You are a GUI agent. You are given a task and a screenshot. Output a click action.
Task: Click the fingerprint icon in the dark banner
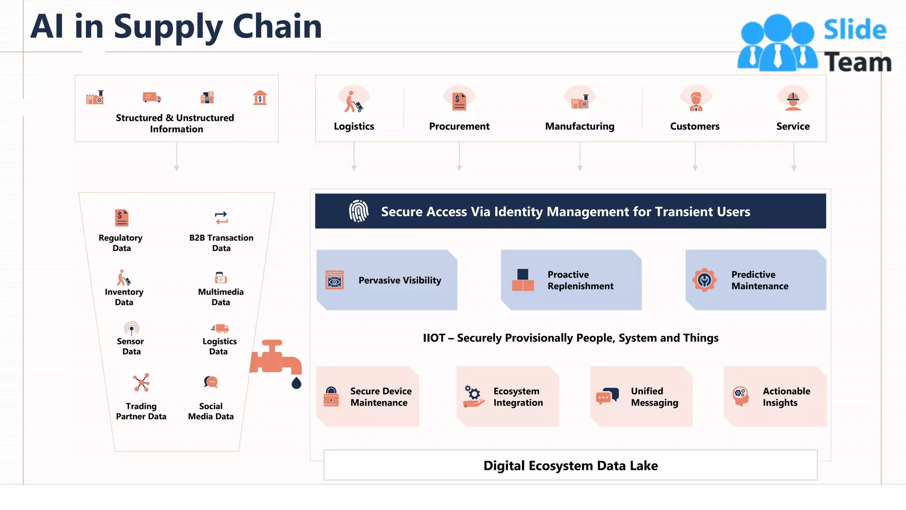[x=359, y=211]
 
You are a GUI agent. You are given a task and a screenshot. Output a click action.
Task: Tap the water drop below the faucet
[x=296, y=382]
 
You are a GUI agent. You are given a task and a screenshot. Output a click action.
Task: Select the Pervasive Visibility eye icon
[x=334, y=280]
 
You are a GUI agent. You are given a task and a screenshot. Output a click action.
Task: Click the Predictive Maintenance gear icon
[x=704, y=280]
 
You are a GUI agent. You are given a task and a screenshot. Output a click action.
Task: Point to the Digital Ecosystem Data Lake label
[x=570, y=466]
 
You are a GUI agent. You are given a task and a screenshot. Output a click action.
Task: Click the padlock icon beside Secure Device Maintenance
[x=331, y=397]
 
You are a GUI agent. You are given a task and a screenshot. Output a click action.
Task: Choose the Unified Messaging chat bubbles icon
[x=607, y=396]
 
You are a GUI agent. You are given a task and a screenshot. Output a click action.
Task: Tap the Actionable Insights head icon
[x=740, y=396]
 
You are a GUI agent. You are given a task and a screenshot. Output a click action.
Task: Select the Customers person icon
[x=696, y=101]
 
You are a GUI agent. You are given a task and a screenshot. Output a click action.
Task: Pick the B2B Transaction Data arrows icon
[x=221, y=218]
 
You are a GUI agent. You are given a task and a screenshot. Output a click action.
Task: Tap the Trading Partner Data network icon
[x=141, y=382]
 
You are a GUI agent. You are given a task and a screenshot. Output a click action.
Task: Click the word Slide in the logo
[x=855, y=30]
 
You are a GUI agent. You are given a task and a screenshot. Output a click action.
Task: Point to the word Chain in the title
[x=277, y=27]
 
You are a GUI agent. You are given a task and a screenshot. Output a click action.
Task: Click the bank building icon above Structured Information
[x=260, y=97]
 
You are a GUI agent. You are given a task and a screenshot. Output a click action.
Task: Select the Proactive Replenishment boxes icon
[x=523, y=280]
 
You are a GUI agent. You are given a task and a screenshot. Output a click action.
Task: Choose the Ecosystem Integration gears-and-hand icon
[x=473, y=396]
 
